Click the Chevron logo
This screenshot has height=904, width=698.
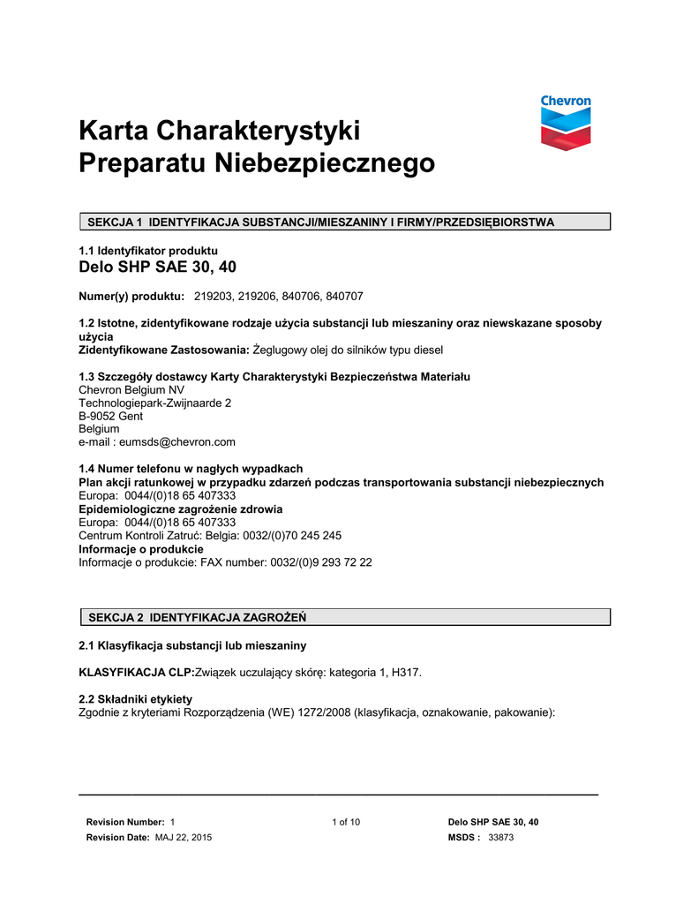[x=566, y=123]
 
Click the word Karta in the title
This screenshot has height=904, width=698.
[x=114, y=132]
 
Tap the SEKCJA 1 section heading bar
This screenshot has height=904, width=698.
[x=345, y=222]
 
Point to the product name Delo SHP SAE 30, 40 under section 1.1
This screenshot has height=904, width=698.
[x=158, y=267]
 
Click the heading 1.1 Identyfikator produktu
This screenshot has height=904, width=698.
[x=148, y=251]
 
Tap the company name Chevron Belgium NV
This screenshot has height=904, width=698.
[x=131, y=390]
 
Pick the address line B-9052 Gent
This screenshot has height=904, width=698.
[x=111, y=416]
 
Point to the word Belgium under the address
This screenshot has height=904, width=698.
[x=99, y=429]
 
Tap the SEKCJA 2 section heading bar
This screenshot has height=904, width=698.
[x=345, y=616]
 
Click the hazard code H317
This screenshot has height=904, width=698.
[x=406, y=673]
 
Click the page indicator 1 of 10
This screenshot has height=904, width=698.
[x=346, y=822]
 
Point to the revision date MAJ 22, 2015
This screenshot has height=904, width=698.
[x=184, y=837]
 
